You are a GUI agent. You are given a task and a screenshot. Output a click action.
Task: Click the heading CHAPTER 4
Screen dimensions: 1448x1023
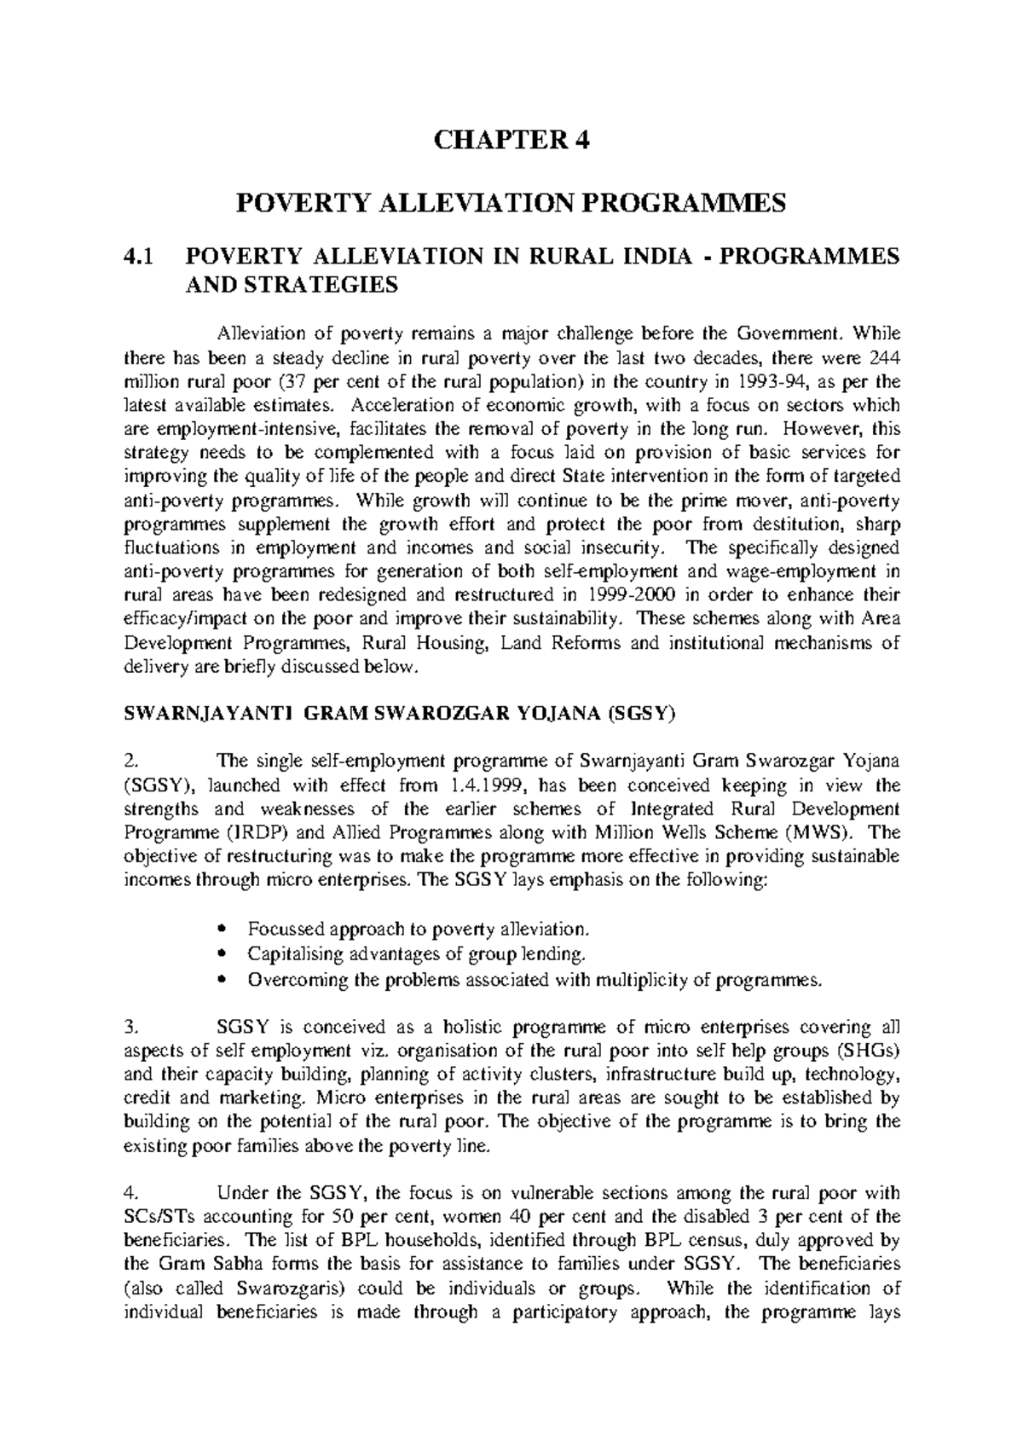click(511, 141)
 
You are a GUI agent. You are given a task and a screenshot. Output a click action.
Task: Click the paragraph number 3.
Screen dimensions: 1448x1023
click(129, 1027)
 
